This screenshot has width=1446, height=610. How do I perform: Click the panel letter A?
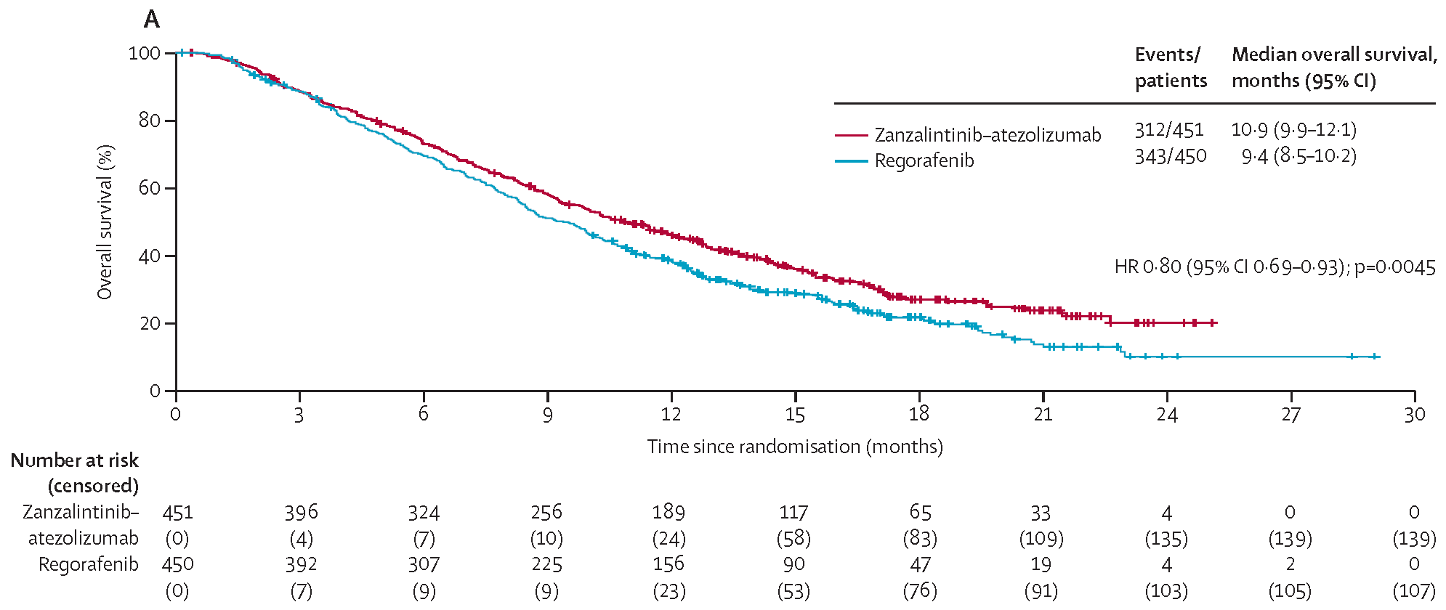point(151,20)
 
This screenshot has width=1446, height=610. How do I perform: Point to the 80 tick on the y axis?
point(170,120)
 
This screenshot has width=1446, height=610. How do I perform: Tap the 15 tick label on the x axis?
point(795,414)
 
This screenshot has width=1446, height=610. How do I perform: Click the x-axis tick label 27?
point(1291,414)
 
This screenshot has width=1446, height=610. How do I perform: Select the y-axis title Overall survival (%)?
point(105,221)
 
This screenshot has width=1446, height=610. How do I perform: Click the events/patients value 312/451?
point(1169,130)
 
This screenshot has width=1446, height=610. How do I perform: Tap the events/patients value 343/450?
point(1171,156)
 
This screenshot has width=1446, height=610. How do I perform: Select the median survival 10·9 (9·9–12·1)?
point(1293,130)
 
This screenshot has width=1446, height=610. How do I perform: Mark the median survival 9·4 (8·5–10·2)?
point(1298,156)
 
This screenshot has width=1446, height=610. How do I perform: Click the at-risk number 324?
point(424,513)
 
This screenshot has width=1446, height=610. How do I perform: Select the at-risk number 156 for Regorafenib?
point(669,564)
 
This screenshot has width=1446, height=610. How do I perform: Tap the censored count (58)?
point(793,539)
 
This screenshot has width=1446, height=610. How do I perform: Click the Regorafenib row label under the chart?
point(88,564)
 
